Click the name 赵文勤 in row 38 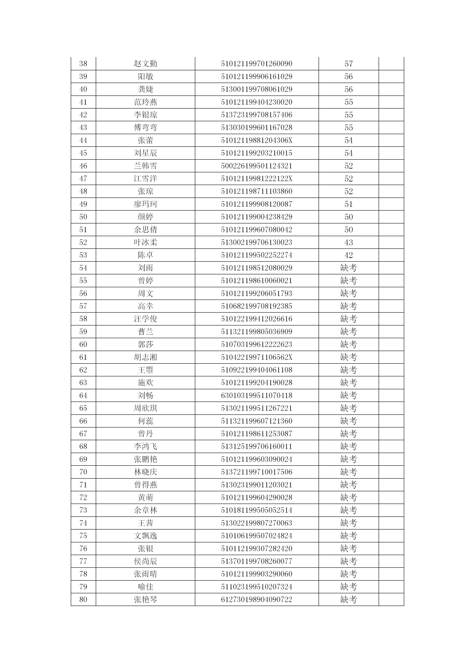[x=145, y=64]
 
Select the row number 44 [x=83, y=140]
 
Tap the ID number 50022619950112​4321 [x=256, y=166]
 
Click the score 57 [x=348, y=64]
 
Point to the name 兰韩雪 [x=145, y=166]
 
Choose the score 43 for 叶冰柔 [x=348, y=242]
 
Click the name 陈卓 [x=145, y=255]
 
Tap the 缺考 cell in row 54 [x=348, y=268]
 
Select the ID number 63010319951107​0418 [x=256, y=395]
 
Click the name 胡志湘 [x=145, y=357]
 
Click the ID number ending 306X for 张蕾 [x=256, y=140]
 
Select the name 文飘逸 [x=145, y=536]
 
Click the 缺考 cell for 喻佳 [x=348, y=587]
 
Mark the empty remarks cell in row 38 [x=391, y=64]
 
